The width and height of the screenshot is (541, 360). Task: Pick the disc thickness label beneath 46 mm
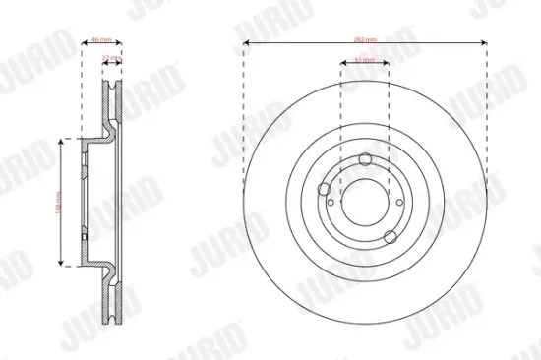click(x=112, y=58)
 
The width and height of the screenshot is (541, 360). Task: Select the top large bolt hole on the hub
click(x=365, y=160)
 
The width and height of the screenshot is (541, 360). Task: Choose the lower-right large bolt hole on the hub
click(x=392, y=235)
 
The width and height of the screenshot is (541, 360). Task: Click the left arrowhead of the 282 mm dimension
click(x=246, y=42)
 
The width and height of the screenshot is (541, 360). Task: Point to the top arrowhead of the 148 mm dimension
click(x=64, y=142)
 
